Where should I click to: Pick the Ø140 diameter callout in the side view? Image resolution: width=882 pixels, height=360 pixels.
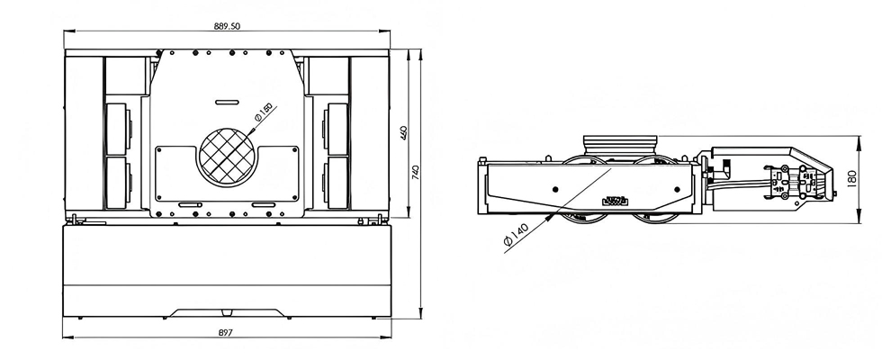click(x=517, y=237)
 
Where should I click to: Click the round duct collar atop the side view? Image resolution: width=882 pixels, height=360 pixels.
click(x=621, y=144)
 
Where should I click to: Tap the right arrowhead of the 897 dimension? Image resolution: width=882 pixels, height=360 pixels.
click(x=390, y=339)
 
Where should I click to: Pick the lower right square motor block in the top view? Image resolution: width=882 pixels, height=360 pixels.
click(x=338, y=183)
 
